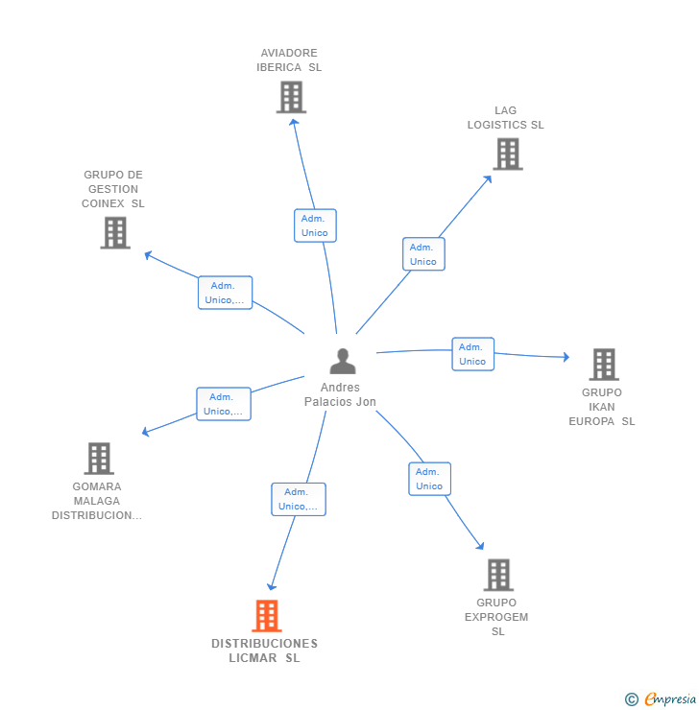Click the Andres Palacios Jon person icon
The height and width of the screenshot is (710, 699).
pyautogui.click(x=342, y=362)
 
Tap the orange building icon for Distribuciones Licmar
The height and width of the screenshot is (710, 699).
pyautogui.click(x=266, y=616)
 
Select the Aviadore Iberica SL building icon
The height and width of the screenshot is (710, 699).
pyautogui.click(x=291, y=97)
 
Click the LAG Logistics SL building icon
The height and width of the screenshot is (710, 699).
pyautogui.click(x=507, y=154)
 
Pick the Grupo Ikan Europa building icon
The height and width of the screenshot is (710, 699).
pyautogui.click(x=603, y=365)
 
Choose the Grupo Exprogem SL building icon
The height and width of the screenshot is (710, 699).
pyautogui.click(x=497, y=575)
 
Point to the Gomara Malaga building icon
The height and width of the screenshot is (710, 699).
pyautogui.click(x=98, y=459)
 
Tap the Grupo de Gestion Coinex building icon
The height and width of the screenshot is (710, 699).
pyautogui.click(x=115, y=232)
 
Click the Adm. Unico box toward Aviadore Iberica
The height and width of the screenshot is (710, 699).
pyautogui.click(x=315, y=225)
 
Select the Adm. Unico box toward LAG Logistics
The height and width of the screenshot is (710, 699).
pyautogui.click(x=423, y=254)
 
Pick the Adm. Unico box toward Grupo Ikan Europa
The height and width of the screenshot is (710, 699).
pyautogui.click(x=472, y=354)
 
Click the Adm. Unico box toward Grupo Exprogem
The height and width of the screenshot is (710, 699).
pyautogui.click(x=429, y=479)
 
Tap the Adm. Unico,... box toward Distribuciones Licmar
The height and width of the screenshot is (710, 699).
pyautogui.click(x=298, y=499)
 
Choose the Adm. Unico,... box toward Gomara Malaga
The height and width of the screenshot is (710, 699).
pyautogui.click(x=223, y=404)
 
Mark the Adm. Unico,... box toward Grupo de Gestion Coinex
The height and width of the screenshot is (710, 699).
pyautogui.click(x=225, y=293)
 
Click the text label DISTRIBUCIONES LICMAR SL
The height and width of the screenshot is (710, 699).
pyautogui.click(x=264, y=651)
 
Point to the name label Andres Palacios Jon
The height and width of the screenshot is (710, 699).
pyautogui.click(x=340, y=394)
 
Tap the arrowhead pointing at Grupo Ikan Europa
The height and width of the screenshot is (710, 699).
pyautogui.click(x=566, y=357)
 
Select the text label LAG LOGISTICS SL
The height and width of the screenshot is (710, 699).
pyautogui.click(x=505, y=117)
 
